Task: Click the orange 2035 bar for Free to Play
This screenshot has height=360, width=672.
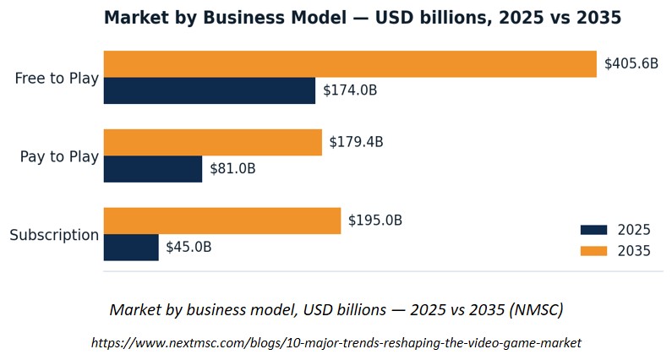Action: tap(350, 64)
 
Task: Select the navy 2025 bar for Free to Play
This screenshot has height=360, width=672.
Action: tap(210, 90)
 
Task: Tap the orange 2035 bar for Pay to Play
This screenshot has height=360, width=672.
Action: tap(212, 143)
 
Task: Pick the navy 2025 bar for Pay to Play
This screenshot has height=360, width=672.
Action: tap(153, 169)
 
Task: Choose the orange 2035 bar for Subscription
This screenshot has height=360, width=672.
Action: tap(222, 221)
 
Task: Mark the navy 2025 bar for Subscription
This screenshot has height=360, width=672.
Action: tap(131, 248)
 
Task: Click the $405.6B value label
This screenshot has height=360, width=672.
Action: tap(631, 64)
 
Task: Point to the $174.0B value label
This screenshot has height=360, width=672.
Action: tap(350, 90)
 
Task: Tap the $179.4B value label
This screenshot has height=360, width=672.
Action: tap(356, 142)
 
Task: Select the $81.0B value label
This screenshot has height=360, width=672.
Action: tap(232, 169)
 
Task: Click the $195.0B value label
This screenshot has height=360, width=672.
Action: tap(375, 221)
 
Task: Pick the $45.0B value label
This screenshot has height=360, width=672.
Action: tap(188, 248)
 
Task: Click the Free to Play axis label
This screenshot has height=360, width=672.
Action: tap(57, 79)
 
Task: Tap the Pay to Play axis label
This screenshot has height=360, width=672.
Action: tap(59, 157)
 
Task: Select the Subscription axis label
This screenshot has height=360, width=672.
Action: tap(54, 235)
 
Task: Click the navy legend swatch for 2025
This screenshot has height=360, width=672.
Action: tap(593, 230)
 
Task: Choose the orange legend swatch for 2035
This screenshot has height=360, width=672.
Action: tap(593, 251)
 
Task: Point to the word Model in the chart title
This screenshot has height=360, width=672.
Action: tap(319, 18)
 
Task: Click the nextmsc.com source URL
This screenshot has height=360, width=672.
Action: tap(336, 343)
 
